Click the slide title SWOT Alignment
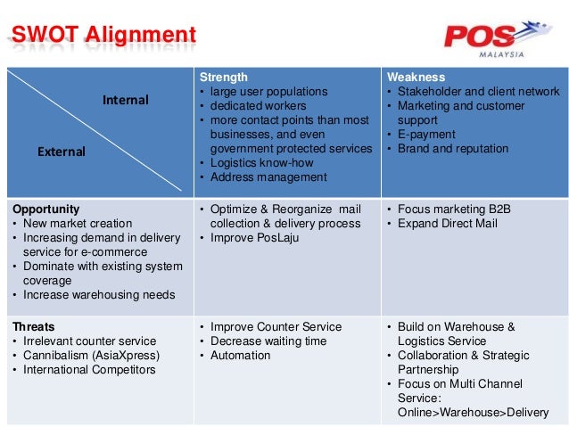(x=103, y=36)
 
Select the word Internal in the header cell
(x=126, y=100)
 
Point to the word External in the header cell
(x=61, y=152)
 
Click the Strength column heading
(x=223, y=78)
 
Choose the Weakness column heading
(x=415, y=78)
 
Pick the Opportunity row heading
(x=46, y=209)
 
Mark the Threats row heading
(x=33, y=327)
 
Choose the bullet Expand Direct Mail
(x=447, y=224)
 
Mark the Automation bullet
(x=240, y=356)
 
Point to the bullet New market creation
(x=75, y=224)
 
